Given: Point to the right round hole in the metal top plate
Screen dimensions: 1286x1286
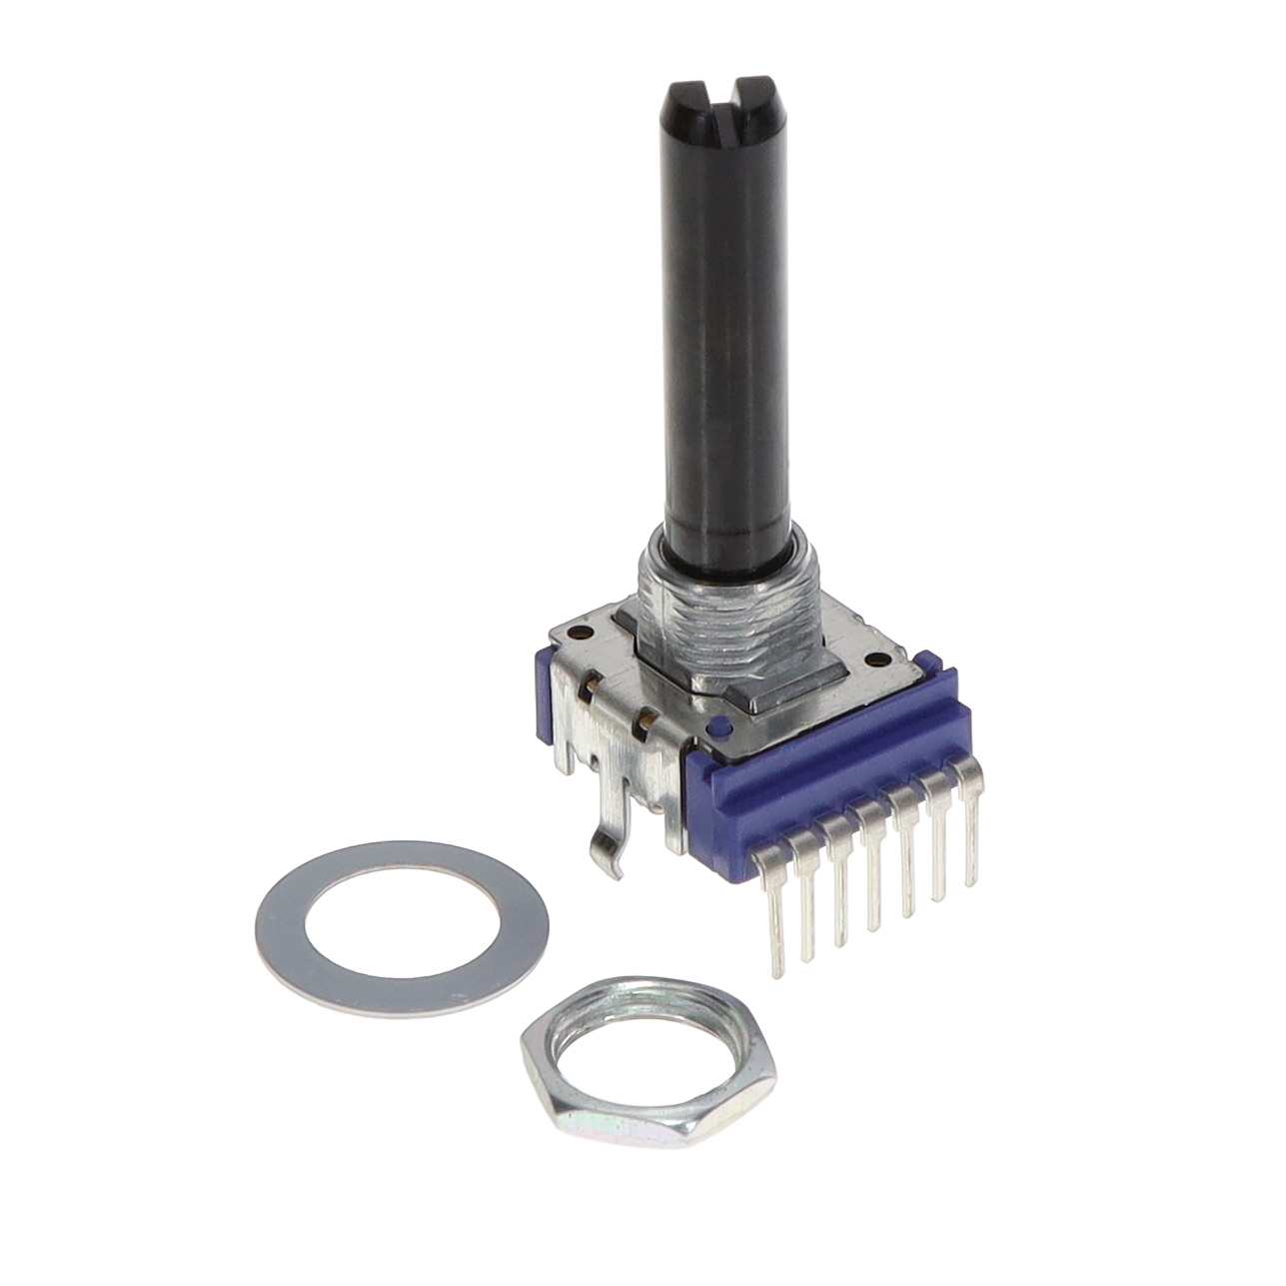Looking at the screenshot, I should [877, 657].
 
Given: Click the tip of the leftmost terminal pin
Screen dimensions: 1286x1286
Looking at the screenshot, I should [777, 971].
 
